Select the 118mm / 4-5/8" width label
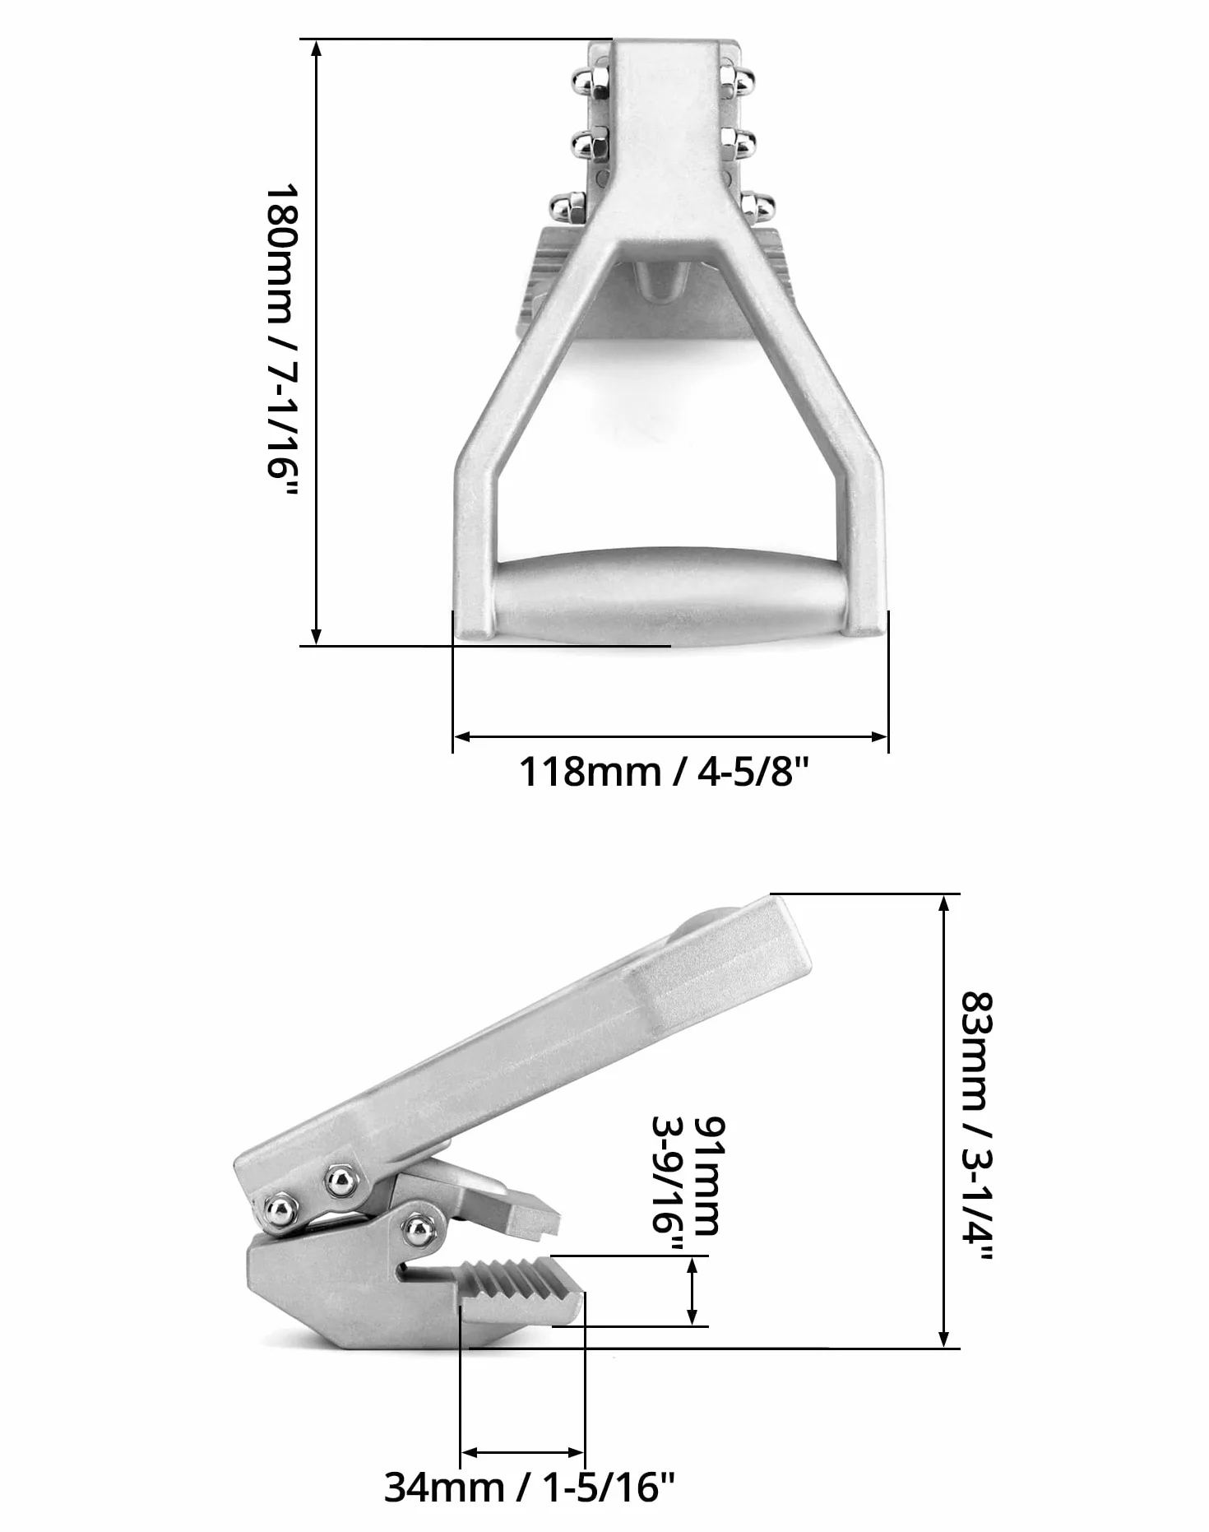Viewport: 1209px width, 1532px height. click(x=665, y=772)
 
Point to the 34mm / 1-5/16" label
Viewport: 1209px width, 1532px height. click(x=530, y=1487)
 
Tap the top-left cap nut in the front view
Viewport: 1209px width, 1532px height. click(x=590, y=81)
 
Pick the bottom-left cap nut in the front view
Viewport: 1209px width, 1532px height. click(x=568, y=207)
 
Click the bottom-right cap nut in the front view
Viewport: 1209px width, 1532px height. click(x=757, y=207)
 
